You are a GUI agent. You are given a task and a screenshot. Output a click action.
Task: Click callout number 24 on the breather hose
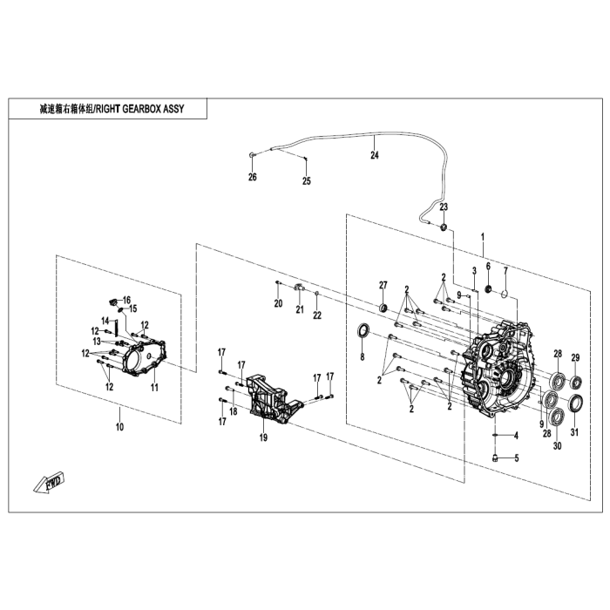tap(375, 156)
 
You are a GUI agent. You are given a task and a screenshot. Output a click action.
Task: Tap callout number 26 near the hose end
tap(253, 178)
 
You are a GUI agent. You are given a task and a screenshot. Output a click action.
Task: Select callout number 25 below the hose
tap(306, 181)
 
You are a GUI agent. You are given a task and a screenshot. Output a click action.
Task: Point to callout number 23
tap(444, 207)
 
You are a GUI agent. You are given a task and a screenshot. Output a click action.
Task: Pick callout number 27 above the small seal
tap(382, 286)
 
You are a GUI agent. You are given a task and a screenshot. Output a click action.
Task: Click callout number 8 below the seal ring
tap(363, 357)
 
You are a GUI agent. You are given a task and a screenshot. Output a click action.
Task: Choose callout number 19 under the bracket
tap(262, 437)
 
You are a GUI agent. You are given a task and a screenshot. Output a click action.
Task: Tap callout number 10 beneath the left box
tap(119, 427)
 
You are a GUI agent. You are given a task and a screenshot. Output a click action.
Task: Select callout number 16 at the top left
tap(126, 300)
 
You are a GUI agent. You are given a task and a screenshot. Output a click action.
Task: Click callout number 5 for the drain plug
tap(515, 458)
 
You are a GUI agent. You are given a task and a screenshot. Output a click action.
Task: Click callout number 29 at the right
tap(575, 358)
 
